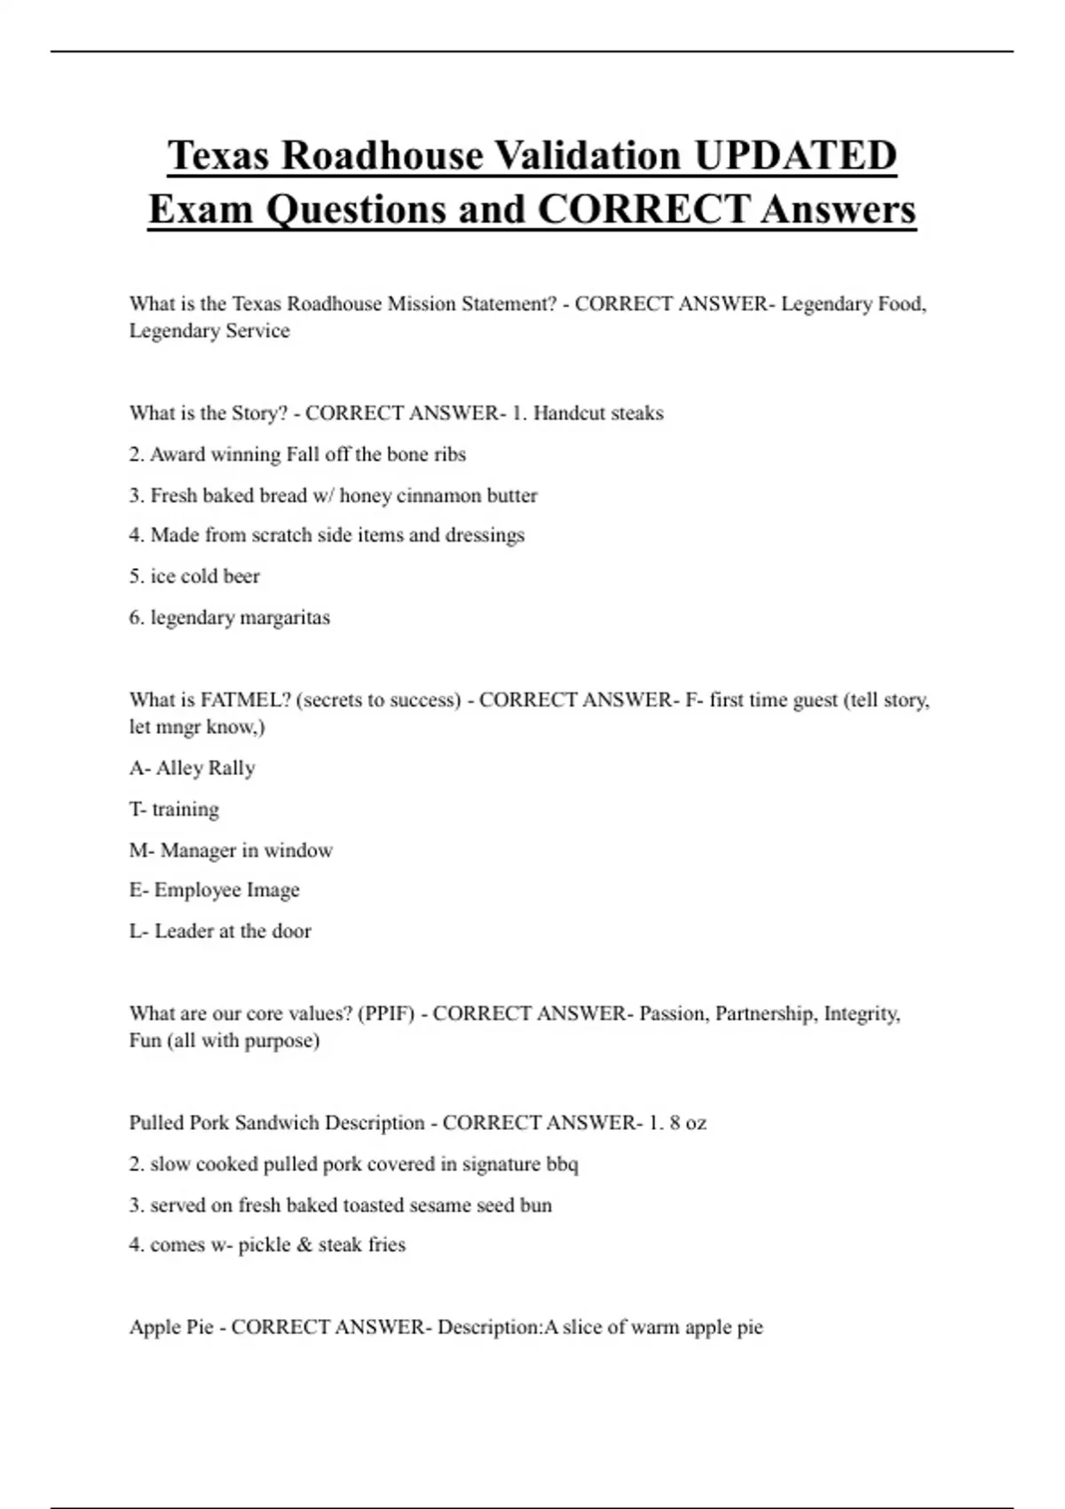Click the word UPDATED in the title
pyautogui.click(x=795, y=155)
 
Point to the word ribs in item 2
pyautogui.click(x=450, y=454)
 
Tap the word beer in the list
pyautogui.click(x=242, y=576)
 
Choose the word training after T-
pyautogui.click(x=185, y=810)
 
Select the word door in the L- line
pyautogui.click(x=291, y=931)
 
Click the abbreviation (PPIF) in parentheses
pyautogui.click(x=386, y=1014)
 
